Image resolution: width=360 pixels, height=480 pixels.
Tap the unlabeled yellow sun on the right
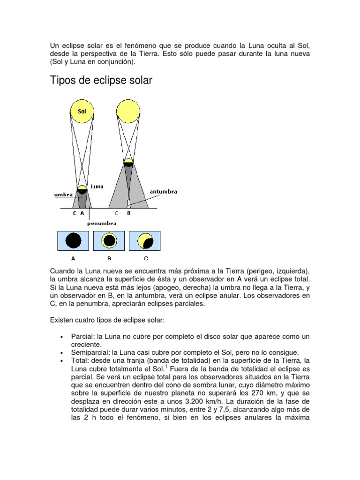pyautogui.click(x=128, y=110)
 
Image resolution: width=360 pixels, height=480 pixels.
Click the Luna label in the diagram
pyautogui.click(x=97, y=186)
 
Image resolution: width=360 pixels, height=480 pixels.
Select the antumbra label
pyautogui.click(x=164, y=191)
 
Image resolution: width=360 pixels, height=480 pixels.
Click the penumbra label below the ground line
pyautogui.click(x=101, y=223)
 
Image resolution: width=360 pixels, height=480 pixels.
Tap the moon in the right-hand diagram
pyautogui.click(x=128, y=163)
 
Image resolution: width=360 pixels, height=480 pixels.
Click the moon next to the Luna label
pyautogui.click(x=82, y=189)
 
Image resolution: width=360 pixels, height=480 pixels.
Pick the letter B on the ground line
pyautogui.click(x=129, y=213)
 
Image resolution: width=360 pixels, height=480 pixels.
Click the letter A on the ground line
pyautogui.click(x=82, y=213)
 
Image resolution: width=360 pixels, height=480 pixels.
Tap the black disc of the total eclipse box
pyautogui.click(x=73, y=241)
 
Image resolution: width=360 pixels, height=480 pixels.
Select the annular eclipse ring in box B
pyautogui.click(x=110, y=241)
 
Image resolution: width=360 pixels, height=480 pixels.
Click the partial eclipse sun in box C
pyautogui.click(x=145, y=241)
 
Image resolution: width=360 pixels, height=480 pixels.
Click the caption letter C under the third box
pyautogui.click(x=146, y=258)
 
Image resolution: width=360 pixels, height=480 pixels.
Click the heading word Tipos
pyautogui.click(x=63, y=81)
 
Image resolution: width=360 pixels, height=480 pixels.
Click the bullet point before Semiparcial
pyautogui.click(x=62, y=353)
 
